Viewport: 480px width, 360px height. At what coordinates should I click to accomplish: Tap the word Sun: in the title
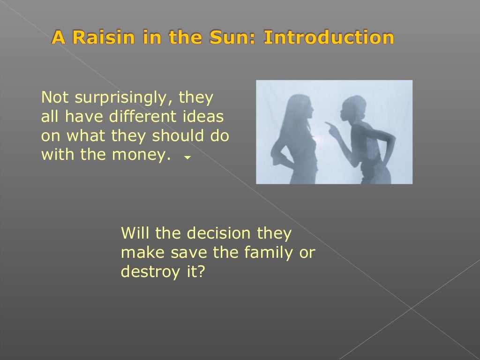[x=234, y=37]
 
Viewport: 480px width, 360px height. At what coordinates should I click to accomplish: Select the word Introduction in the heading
[x=329, y=37]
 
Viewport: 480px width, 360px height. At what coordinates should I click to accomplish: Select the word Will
[x=136, y=233]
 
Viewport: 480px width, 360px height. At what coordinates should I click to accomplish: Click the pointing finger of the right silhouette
[x=328, y=125]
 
